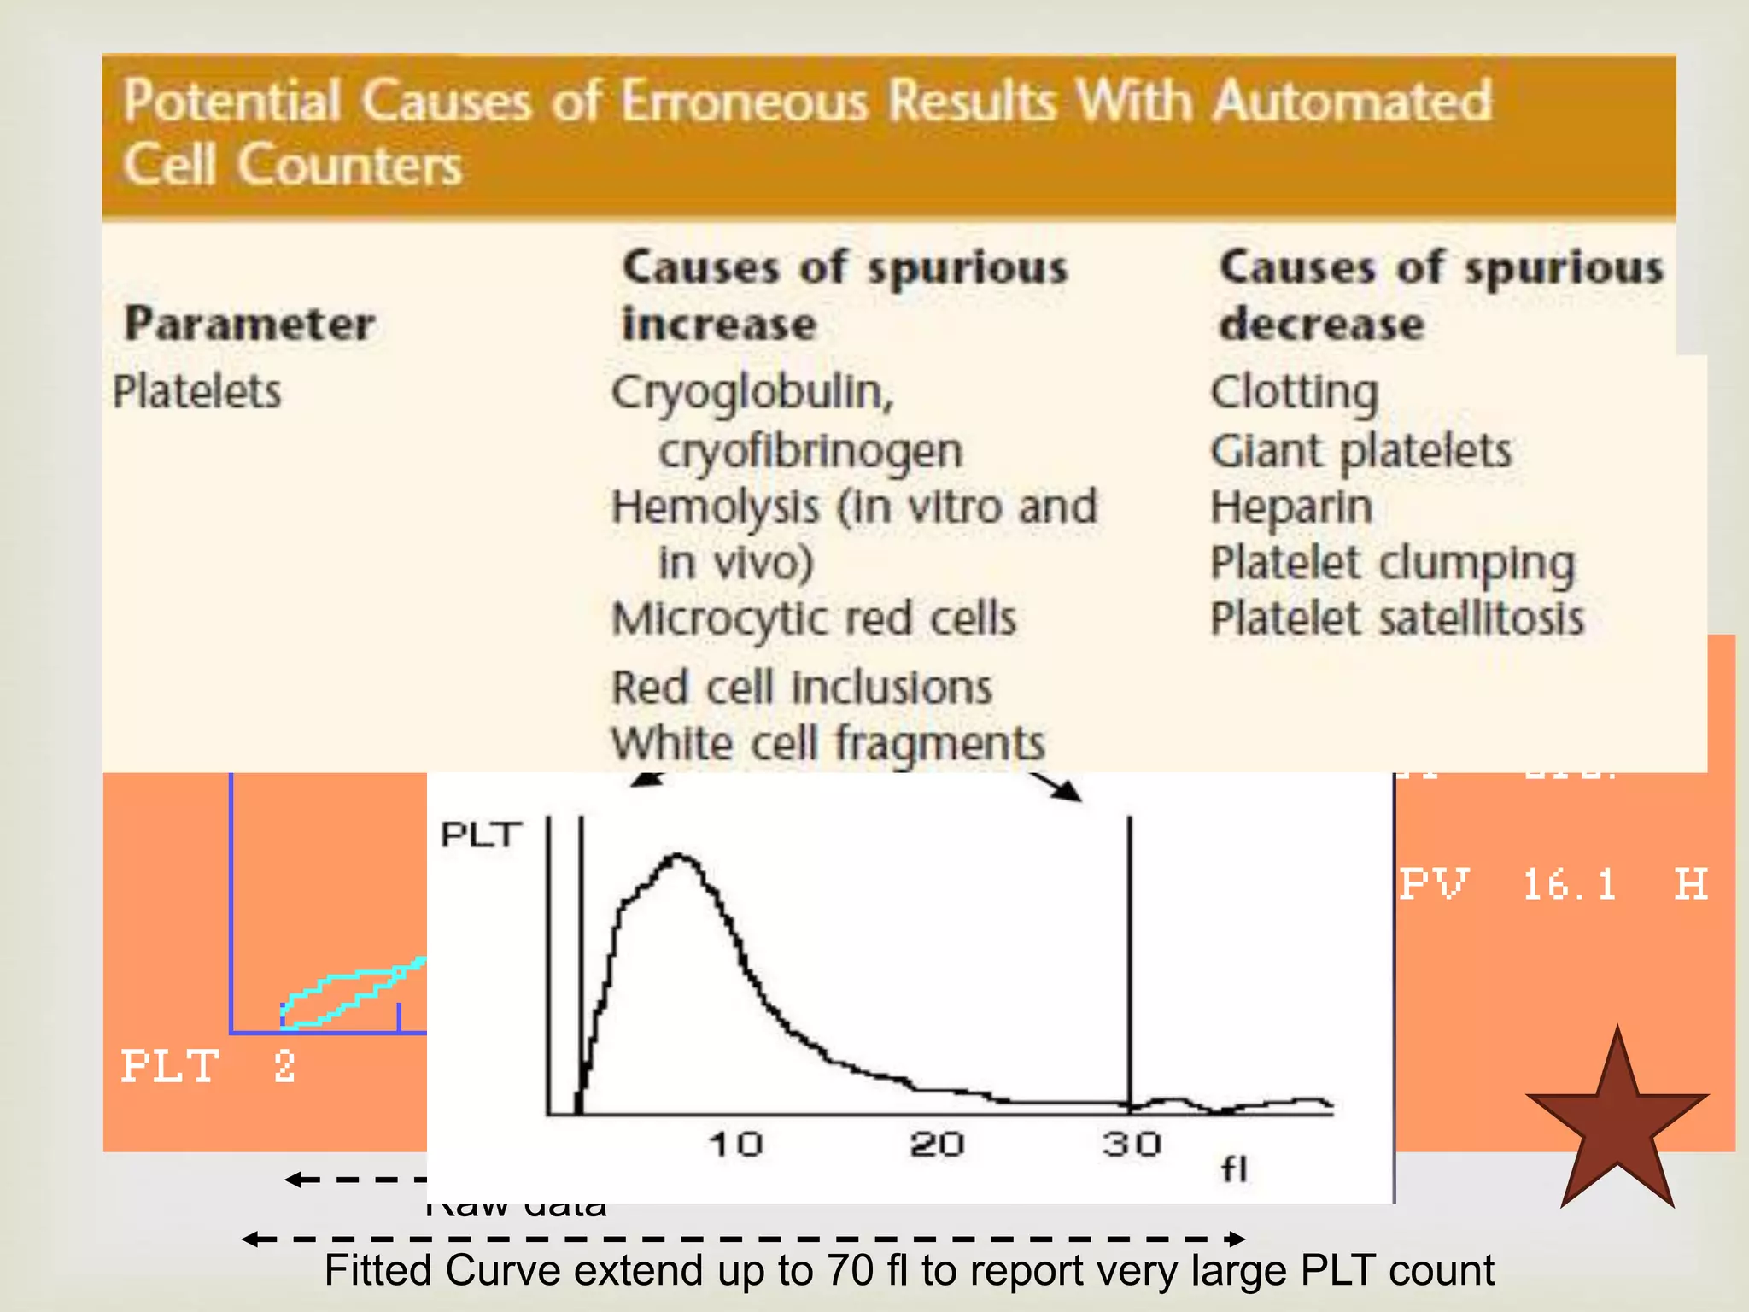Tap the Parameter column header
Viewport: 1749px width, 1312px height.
[x=249, y=324]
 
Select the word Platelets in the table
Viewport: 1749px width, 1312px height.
[x=196, y=392]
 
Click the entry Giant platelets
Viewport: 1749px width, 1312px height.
[x=1360, y=450]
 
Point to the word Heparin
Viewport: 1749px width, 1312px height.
[x=1291, y=507]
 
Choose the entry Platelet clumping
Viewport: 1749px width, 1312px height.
[x=1392, y=564]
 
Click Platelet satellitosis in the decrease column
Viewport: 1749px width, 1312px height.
[x=1397, y=618]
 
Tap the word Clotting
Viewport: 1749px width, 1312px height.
[x=1295, y=392]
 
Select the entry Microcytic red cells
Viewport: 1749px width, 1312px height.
[x=814, y=618]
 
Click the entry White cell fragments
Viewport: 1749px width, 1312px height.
[x=828, y=743]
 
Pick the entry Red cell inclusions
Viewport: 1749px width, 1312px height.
[x=802, y=688]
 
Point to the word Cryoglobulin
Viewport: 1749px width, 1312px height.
[x=752, y=392]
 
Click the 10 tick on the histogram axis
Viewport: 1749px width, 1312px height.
[x=735, y=1145]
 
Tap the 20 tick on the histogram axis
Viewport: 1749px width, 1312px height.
[x=937, y=1145]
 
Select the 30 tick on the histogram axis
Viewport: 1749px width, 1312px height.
[x=1132, y=1145]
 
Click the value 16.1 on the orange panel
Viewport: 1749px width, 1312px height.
[x=1570, y=885]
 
